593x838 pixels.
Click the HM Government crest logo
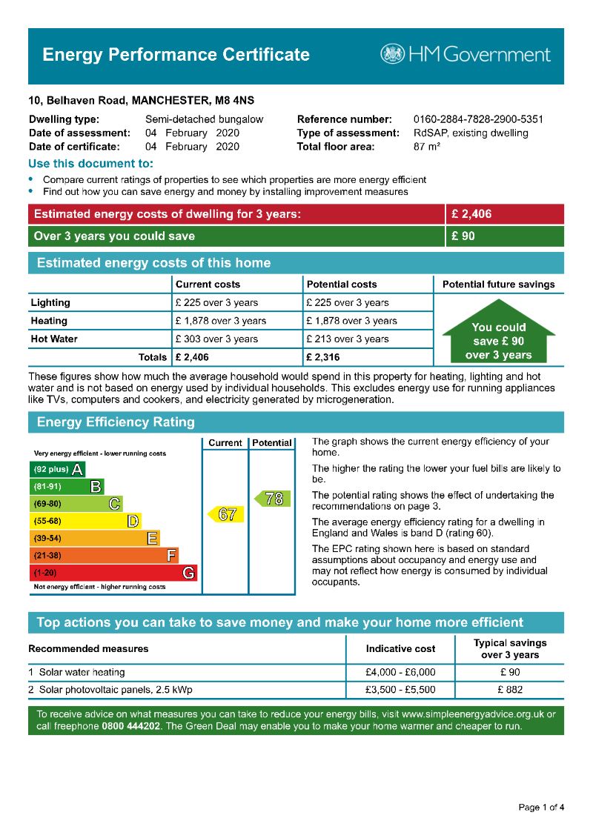point(393,54)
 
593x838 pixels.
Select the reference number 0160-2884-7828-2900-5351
point(478,119)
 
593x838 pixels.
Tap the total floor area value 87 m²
point(427,147)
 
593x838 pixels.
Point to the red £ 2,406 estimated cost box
point(505,215)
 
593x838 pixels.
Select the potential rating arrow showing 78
point(271,499)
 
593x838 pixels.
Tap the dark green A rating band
point(57,469)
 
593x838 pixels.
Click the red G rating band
point(114,573)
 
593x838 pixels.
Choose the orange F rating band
point(105,556)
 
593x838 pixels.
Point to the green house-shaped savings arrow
point(499,332)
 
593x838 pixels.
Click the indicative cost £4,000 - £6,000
point(400,673)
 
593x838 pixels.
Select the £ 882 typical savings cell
point(510,690)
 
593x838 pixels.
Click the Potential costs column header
point(341,285)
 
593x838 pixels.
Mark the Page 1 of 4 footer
point(541,807)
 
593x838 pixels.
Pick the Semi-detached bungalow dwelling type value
point(204,119)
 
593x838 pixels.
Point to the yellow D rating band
point(85,521)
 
